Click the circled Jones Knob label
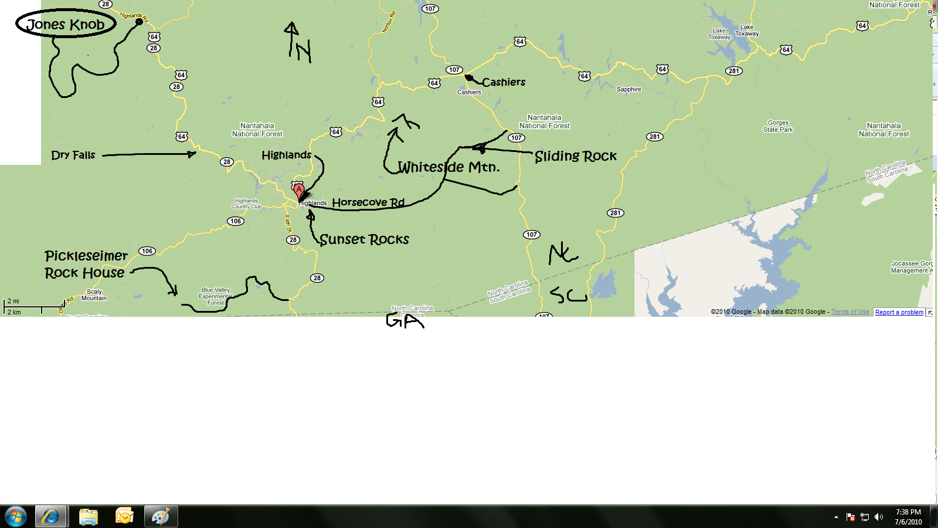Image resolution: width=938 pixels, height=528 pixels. pos(66,24)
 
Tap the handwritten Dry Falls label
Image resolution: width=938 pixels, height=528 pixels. pos(73,155)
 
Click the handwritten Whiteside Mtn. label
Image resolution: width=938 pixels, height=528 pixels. pos(448,167)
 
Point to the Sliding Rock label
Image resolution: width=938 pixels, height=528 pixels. pos(576,156)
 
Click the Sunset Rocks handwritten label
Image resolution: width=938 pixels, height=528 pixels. pos(364,239)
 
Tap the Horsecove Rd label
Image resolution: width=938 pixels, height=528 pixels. pos(368,202)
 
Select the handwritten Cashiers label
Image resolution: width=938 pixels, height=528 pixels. pos(504,82)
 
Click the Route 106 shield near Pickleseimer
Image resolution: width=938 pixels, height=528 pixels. pos(147,251)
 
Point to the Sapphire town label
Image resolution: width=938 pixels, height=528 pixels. pos(628,89)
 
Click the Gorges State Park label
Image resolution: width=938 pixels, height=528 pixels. pos(778,126)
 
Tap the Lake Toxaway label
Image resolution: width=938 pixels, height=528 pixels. pos(747,31)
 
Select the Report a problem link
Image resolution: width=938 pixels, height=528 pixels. pos(899,312)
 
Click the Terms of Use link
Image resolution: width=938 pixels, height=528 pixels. pos(850,312)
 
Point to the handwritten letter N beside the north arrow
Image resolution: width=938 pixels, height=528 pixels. pos(304,52)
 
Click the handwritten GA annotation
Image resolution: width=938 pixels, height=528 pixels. pos(405,320)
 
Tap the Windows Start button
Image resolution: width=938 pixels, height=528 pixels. pos(16,516)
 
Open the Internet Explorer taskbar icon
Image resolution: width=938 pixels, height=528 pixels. pos(51,516)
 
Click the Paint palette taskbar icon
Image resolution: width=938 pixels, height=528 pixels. pos(161,516)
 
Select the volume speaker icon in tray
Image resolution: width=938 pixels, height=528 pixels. pos(878,517)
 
